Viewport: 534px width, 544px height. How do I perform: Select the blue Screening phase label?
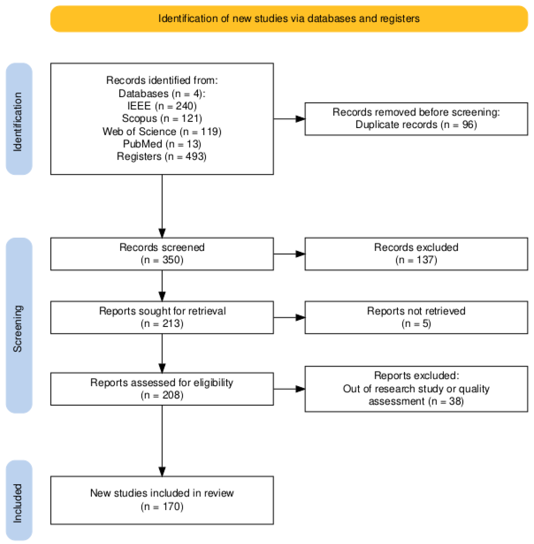point(19,325)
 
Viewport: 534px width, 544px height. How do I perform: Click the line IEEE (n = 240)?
point(162,106)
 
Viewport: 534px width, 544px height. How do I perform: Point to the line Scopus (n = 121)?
point(162,118)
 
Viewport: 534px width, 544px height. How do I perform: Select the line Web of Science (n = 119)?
point(162,131)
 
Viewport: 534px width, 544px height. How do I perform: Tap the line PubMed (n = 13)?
point(162,144)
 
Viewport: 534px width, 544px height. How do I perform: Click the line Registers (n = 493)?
point(162,156)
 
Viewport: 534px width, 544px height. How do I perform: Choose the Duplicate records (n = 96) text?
point(416,124)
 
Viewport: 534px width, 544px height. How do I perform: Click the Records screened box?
point(162,254)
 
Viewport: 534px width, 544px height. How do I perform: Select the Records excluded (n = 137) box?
point(416,254)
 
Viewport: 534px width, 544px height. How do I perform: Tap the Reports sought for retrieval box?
point(162,317)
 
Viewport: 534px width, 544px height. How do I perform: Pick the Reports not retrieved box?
point(416,317)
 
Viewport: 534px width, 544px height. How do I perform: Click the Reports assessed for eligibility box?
point(162,389)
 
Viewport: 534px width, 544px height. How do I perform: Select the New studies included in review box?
point(162,500)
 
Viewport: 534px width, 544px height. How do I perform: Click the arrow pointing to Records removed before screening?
point(289,119)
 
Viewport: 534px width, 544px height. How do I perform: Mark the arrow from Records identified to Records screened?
point(162,206)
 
